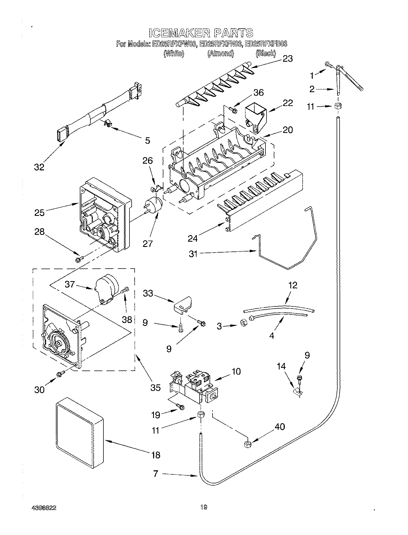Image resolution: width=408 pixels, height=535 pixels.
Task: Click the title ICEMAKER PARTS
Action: point(201,33)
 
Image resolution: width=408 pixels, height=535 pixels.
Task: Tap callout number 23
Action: point(287,58)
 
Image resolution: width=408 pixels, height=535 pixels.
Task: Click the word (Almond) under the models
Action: point(220,54)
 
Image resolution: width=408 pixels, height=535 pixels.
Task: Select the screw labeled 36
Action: point(232,110)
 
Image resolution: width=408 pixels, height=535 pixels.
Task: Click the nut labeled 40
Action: point(247,444)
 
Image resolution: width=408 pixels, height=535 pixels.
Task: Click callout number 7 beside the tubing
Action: point(156,474)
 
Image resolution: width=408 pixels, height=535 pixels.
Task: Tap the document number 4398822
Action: point(44,508)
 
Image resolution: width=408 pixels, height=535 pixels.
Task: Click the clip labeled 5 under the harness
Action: point(109,124)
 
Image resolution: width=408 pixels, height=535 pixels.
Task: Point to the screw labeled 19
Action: point(180,407)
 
